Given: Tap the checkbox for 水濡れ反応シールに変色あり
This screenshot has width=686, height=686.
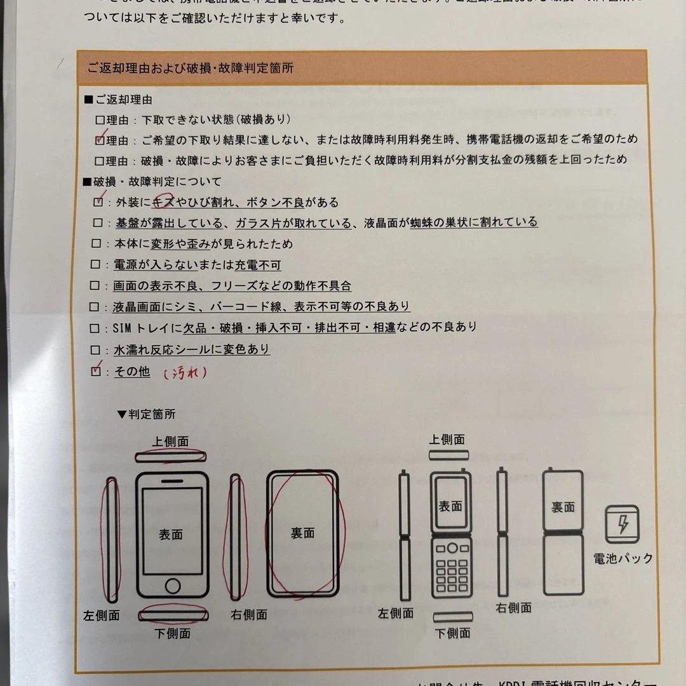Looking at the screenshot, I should [x=97, y=350].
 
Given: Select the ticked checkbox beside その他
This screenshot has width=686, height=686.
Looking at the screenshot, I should [x=97, y=372].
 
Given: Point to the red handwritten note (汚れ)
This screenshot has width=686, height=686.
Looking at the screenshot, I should [x=185, y=373].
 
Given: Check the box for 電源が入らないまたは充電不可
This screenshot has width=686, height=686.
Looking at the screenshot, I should [x=97, y=266].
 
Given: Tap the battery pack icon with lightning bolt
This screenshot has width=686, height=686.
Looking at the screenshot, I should [x=622, y=525].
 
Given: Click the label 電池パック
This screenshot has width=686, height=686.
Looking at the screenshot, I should [x=622, y=558].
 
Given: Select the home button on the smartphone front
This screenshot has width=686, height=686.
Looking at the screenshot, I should [x=172, y=585].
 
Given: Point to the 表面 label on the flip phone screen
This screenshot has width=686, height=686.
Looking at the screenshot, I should [x=450, y=506].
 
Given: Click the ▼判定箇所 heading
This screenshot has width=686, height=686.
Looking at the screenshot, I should [x=146, y=414].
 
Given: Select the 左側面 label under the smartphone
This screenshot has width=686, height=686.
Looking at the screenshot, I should [x=102, y=615].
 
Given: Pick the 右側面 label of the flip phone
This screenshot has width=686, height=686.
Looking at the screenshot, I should [x=513, y=608].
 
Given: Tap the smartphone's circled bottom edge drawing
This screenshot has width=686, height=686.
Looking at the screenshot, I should [x=173, y=614].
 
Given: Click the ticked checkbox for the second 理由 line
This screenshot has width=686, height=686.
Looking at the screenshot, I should [x=100, y=139].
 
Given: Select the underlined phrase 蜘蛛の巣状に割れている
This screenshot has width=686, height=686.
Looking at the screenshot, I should [x=473, y=222].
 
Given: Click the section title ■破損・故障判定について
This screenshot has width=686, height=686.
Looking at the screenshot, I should [x=153, y=182].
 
